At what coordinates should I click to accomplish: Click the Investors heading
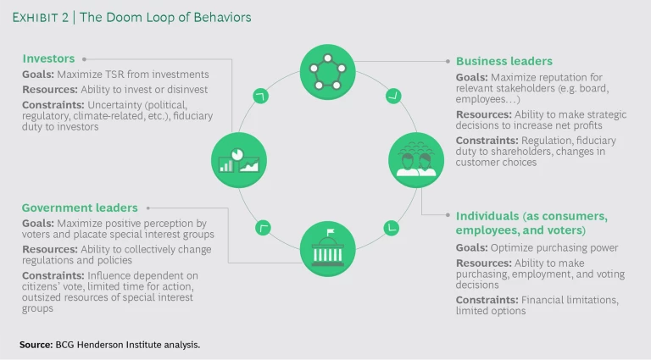48,59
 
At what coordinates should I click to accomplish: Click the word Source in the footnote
36,345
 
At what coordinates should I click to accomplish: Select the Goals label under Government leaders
38,222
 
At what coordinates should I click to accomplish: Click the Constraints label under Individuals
487,300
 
